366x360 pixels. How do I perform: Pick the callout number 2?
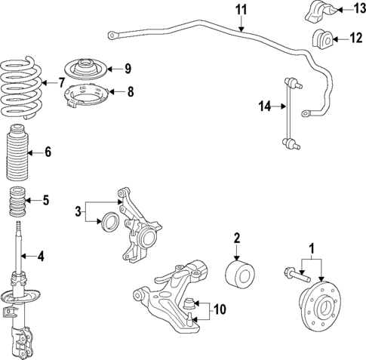[236, 238]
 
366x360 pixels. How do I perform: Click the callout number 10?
[220, 309]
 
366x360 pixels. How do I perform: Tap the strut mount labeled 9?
[87, 69]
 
